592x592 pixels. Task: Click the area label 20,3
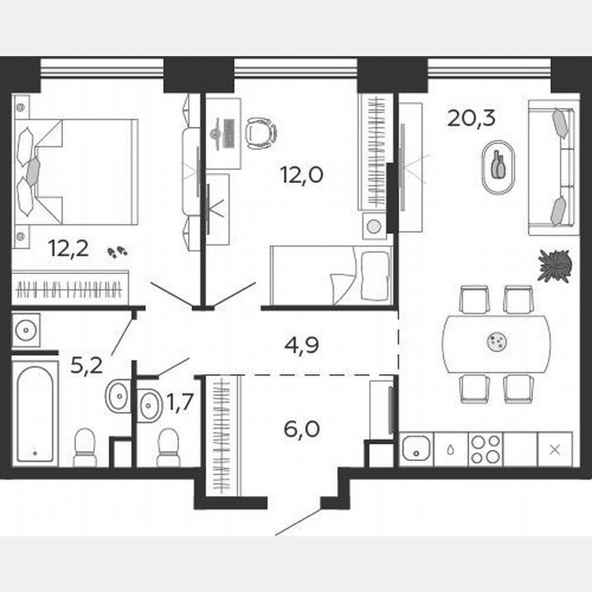coord(471,118)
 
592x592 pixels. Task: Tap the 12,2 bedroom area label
coord(69,248)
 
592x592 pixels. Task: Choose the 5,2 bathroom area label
coord(86,365)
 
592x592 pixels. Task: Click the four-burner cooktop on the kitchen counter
coord(485,449)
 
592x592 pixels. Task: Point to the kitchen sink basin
coord(416,449)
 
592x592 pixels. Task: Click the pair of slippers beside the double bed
coord(117,252)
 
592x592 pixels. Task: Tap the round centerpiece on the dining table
coord(495,341)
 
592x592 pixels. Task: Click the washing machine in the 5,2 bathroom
coord(26,330)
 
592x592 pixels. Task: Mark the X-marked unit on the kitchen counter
coord(555,449)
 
